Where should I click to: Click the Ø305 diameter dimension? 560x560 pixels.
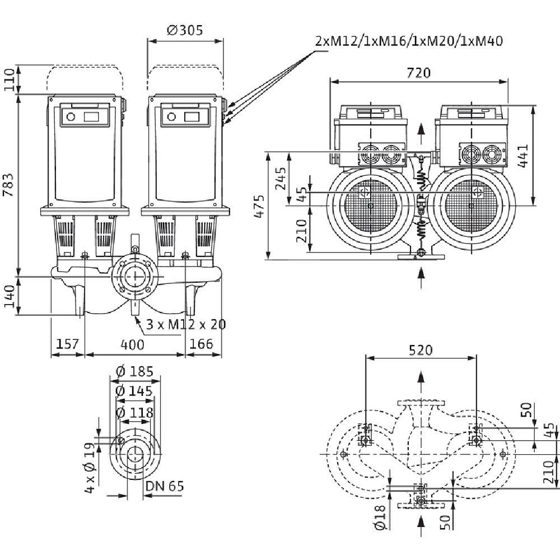click(185, 30)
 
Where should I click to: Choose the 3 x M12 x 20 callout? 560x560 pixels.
click(181, 325)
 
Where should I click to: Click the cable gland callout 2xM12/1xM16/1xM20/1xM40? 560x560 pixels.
click(409, 40)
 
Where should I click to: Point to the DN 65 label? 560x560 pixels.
click(164, 486)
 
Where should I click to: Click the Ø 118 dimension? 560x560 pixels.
click(134, 413)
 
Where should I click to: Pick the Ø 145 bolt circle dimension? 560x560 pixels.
click(134, 391)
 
